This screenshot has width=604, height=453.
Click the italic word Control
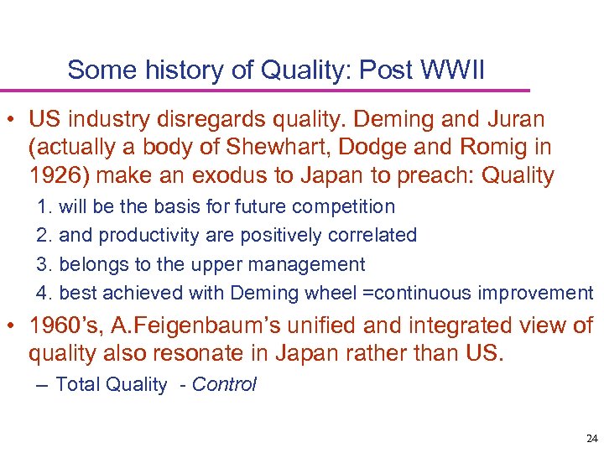pos(225,385)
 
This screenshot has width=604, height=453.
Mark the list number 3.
pos(43,264)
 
